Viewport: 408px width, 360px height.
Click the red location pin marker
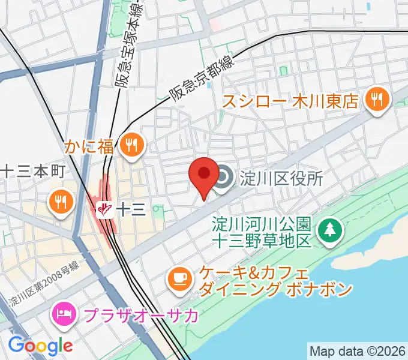(203, 175)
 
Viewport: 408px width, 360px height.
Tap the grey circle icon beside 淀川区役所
(224, 178)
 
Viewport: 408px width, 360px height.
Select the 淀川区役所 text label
(282, 178)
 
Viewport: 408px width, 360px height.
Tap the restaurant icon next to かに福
(130, 145)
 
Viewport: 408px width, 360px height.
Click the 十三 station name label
(130, 209)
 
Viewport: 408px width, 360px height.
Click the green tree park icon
(329, 229)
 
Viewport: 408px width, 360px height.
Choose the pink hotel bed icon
(64, 312)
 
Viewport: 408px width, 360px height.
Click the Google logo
(40, 346)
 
